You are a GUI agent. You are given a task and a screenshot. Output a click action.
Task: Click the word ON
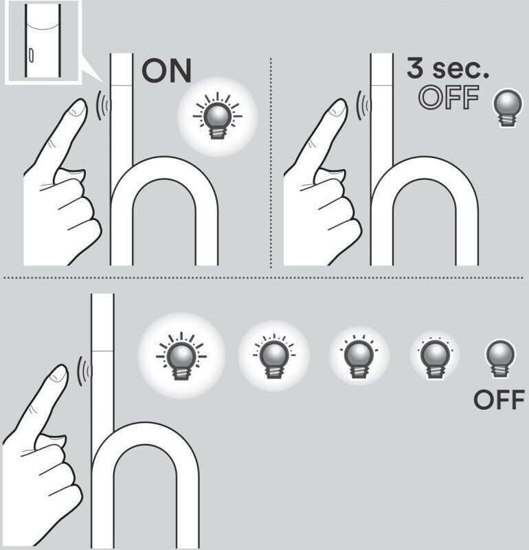[x=167, y=71]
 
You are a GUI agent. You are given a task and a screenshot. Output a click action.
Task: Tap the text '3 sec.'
[x=448, y=67]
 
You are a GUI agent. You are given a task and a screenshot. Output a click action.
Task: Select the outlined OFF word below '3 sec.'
[x=449, y=97]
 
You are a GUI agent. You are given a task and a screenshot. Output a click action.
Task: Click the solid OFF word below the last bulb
[x=499, y=400]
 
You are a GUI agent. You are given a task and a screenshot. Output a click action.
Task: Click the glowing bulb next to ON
[x=217, y=116]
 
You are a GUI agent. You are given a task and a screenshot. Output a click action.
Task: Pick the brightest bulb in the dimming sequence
[x=181, y=355]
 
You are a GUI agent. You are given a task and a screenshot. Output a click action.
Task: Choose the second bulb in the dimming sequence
[x=274, y=356]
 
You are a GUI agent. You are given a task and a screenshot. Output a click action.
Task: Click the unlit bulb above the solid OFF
[x=500, y=357]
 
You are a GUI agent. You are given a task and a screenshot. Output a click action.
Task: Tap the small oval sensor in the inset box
[x=31, y=56]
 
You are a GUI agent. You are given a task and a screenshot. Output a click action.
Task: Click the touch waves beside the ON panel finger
[x=103, y=105]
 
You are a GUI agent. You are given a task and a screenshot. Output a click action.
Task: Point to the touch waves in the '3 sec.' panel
[x=363, y=105]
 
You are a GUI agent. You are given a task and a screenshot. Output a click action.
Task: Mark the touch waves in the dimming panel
[x=84, y=371]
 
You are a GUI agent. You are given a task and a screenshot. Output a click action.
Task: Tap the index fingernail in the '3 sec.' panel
[x=337, y=108]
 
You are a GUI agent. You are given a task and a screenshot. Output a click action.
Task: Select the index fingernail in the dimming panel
[x=58, y=374]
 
